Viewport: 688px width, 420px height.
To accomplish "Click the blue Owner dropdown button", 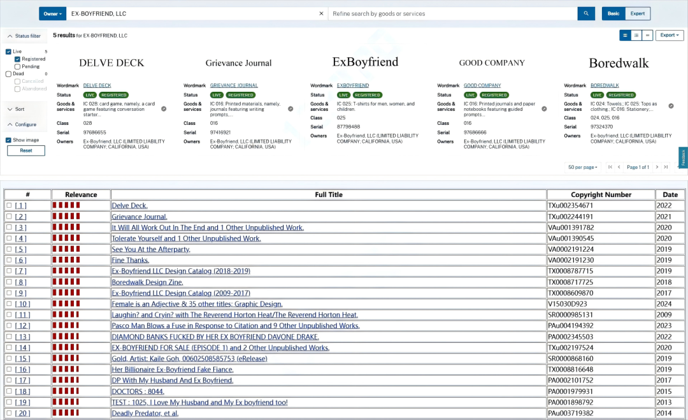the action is (52, 13).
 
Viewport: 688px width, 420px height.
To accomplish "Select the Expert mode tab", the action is (638, 13).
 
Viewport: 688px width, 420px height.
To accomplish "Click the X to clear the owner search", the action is (321, 13).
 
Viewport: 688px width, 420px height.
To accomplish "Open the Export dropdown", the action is (669, 35).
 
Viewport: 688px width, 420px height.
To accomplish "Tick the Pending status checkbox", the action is (18, 67).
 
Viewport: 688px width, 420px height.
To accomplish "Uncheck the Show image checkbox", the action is (8, 140).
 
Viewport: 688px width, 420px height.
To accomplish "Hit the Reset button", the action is (26, 150).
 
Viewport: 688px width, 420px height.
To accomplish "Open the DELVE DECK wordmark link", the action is (97, 85).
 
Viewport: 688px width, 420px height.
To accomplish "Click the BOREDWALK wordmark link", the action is (605, 85).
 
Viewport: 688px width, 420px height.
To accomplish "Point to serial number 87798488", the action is (348, 127).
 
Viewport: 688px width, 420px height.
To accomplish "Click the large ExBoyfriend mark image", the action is (365, 62).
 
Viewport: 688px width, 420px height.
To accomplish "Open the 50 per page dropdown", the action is (582, 167).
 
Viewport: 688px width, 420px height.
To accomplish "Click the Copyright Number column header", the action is (601, 194).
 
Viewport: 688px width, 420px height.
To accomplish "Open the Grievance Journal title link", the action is (139, 216).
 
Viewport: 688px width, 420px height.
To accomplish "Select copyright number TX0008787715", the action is (570, 271).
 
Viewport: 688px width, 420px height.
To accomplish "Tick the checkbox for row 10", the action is (9, 304).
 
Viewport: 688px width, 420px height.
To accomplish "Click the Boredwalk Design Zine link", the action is (147, 282).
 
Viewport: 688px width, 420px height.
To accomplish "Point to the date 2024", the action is (664, 304).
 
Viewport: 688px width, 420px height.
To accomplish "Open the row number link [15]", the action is (22, 359).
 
